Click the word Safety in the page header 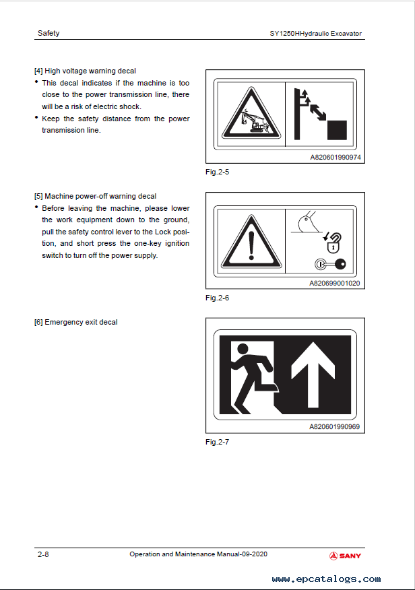coord(49,33)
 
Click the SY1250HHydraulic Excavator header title coord(316,34)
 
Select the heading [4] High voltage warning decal coord(85,71)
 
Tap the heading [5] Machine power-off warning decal coord(95,196)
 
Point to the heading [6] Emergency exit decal coord(76,322)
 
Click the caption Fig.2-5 coord(217,172)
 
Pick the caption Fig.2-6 coord(217,298)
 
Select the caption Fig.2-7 coord(217,442)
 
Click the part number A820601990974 coord(336,158)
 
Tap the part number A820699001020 coord(335,284)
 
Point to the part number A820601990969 coord(334,427)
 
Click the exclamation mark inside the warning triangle coord(251,245)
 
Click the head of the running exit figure coord(243,350)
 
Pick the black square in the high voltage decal coord(337,130)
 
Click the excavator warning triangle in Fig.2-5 coord(251,113)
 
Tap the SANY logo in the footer coord(345,556)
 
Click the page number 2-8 coord(43,554)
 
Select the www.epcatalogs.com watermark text coord(326,579)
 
